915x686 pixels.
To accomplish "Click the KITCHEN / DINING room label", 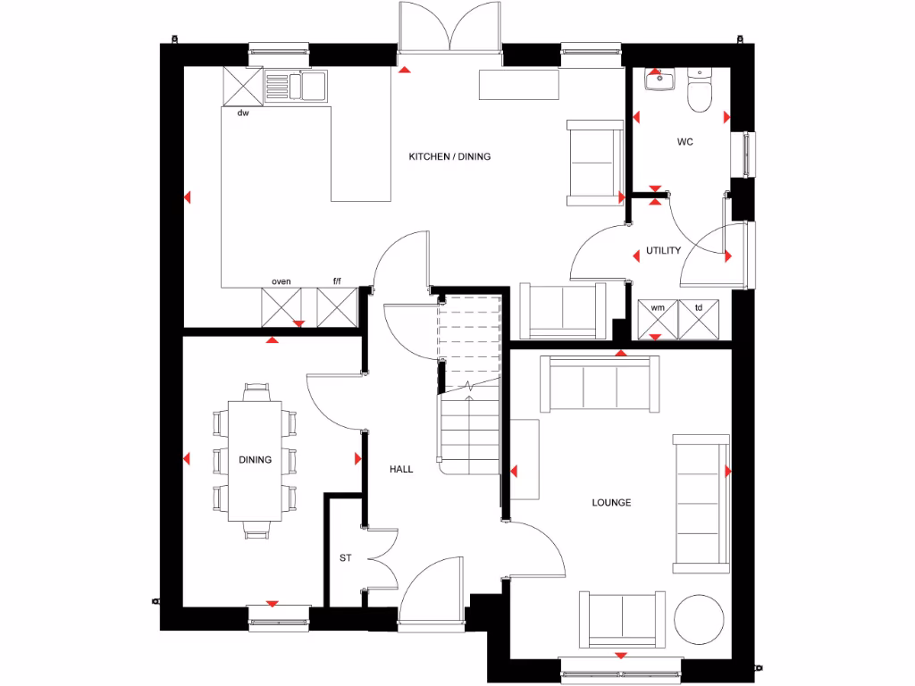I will (449, 156).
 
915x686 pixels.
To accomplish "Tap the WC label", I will (684, 142).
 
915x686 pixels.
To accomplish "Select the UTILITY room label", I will (663, 251).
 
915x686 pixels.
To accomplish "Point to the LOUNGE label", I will (611, 503).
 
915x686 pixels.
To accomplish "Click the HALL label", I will (401, 469).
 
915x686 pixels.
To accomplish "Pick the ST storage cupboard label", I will (345, 558).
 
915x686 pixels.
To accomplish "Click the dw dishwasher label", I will (242, 113).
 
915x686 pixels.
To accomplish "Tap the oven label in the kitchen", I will (281, 281).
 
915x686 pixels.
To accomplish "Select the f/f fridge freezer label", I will (338, 281).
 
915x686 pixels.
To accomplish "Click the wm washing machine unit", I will (657, 320).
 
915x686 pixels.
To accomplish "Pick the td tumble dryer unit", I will (699, 320).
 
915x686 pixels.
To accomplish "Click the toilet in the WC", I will (700, 93).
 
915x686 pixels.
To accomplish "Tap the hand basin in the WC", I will (659, 80).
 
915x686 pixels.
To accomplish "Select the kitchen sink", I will (297, 87).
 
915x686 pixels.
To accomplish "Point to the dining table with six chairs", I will (255, 460).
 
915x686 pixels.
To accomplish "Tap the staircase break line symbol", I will (470, 388).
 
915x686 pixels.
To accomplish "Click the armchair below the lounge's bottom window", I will (622, 619).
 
